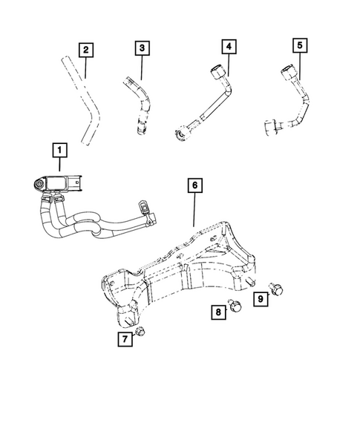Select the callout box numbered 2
[x=86, y=50]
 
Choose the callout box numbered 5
[x=300, y=47]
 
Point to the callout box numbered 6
[x=193, y=186]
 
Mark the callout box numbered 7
[x=125, y=340]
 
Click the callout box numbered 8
[x=220, y=314]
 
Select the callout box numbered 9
[x=262, y=300]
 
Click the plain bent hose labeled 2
[x=88, y=111]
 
